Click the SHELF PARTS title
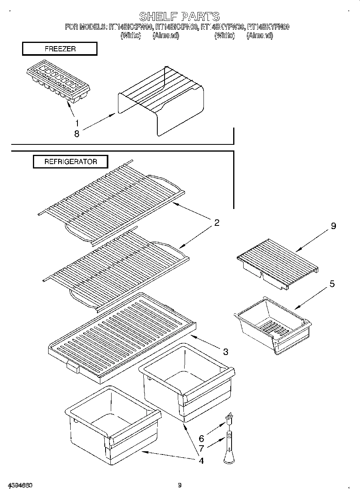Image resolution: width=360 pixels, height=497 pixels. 179,16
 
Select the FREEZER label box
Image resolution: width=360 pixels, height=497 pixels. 60,49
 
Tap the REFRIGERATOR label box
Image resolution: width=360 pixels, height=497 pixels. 70,162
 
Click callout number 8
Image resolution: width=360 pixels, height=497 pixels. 77,134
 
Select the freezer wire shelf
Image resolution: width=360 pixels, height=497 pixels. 161,100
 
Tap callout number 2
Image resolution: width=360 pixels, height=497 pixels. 216,223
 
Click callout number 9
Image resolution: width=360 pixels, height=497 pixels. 333,226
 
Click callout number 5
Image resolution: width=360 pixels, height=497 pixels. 332,284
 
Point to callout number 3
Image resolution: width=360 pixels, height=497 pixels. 226,352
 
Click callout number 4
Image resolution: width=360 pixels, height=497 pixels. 201,460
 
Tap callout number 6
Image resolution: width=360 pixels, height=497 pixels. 201,439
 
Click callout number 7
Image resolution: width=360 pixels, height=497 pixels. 201,448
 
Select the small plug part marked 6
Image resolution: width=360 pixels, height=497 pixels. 230,419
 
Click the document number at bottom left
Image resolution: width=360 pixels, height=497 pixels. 20,485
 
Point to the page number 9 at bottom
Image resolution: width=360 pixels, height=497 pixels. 180,485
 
